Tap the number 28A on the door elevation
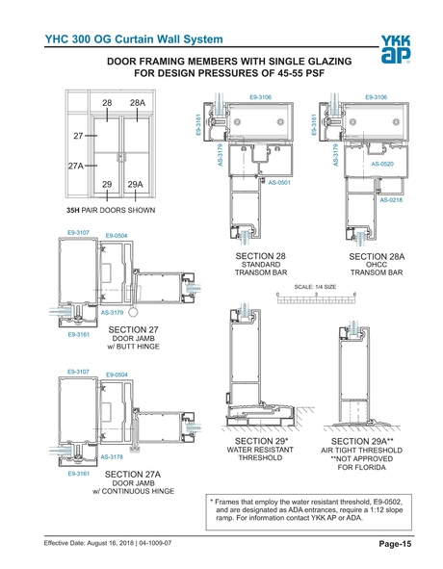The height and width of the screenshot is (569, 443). pos(138,102)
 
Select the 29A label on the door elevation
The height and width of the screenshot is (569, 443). pos(136,184)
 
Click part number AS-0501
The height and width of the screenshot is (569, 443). pos(279,182)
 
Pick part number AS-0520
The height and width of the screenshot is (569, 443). pos(382,165)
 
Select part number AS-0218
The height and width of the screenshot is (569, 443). pos(391,200)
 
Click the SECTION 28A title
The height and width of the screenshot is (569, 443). pos(376,256)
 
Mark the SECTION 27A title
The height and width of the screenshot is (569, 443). pos(133,475)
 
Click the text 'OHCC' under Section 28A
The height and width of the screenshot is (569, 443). pos(376,265)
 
